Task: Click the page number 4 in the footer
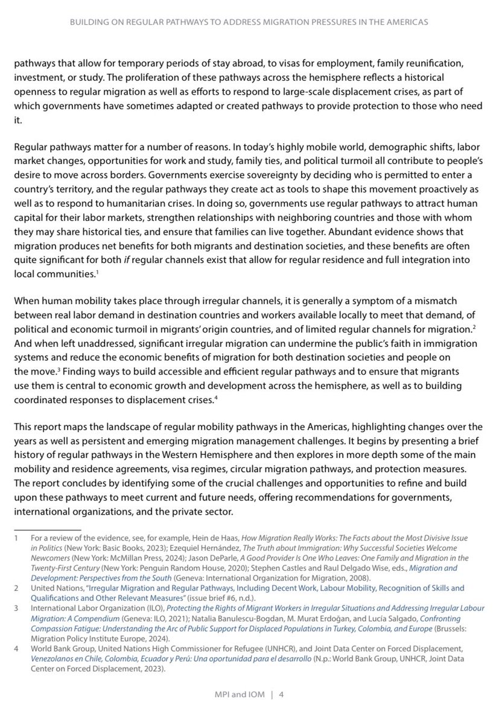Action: [x=281, y=694]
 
